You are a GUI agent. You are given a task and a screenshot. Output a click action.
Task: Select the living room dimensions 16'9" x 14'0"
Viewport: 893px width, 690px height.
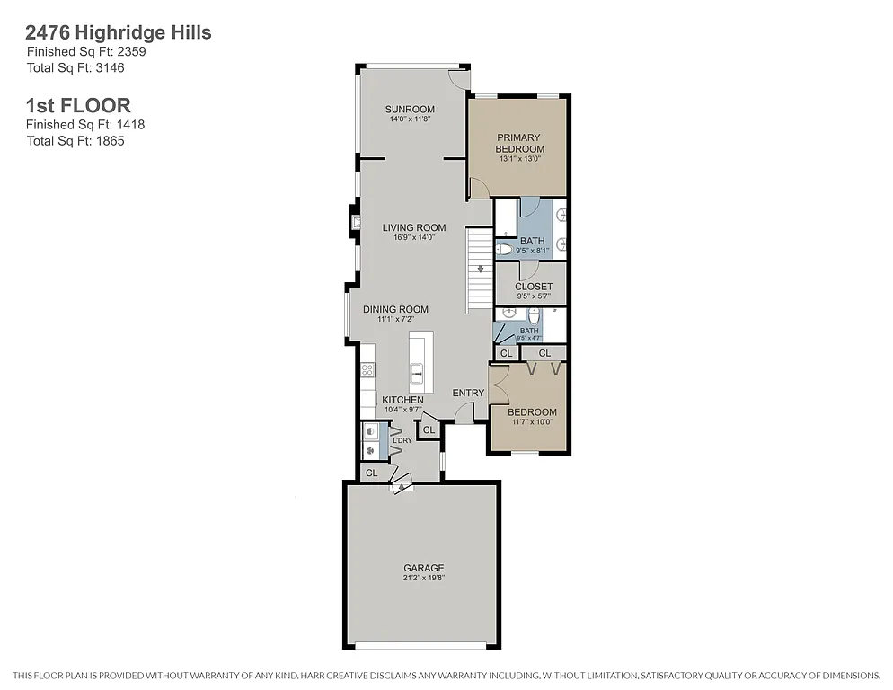(414, 238)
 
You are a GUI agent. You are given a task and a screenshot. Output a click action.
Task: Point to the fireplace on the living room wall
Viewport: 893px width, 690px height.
(356, 221)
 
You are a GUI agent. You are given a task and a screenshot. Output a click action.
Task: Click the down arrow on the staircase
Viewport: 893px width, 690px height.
(481, 269)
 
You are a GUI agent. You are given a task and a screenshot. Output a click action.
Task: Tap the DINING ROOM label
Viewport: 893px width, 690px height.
(395, 309)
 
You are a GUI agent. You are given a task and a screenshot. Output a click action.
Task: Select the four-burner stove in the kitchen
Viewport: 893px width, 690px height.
(367, 369)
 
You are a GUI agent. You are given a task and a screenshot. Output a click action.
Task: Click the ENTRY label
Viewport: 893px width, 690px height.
(468, 393)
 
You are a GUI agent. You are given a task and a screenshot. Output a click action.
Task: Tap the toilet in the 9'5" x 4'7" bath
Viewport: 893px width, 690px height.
(534, 317)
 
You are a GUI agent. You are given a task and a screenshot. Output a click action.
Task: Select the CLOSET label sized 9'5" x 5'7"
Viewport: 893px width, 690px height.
(534, 287)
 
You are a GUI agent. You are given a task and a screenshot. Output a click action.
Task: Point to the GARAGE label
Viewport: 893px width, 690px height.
(423, 568)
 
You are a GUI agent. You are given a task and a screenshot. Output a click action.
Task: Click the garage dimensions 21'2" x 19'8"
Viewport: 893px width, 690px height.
(423, 578)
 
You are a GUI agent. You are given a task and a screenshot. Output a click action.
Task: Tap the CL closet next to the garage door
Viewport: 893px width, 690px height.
(372, 472)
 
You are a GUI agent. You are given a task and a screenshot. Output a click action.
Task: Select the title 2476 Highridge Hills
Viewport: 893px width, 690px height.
(119, 33)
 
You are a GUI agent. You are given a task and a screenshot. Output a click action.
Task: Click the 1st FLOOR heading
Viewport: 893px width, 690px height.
(78, 106)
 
